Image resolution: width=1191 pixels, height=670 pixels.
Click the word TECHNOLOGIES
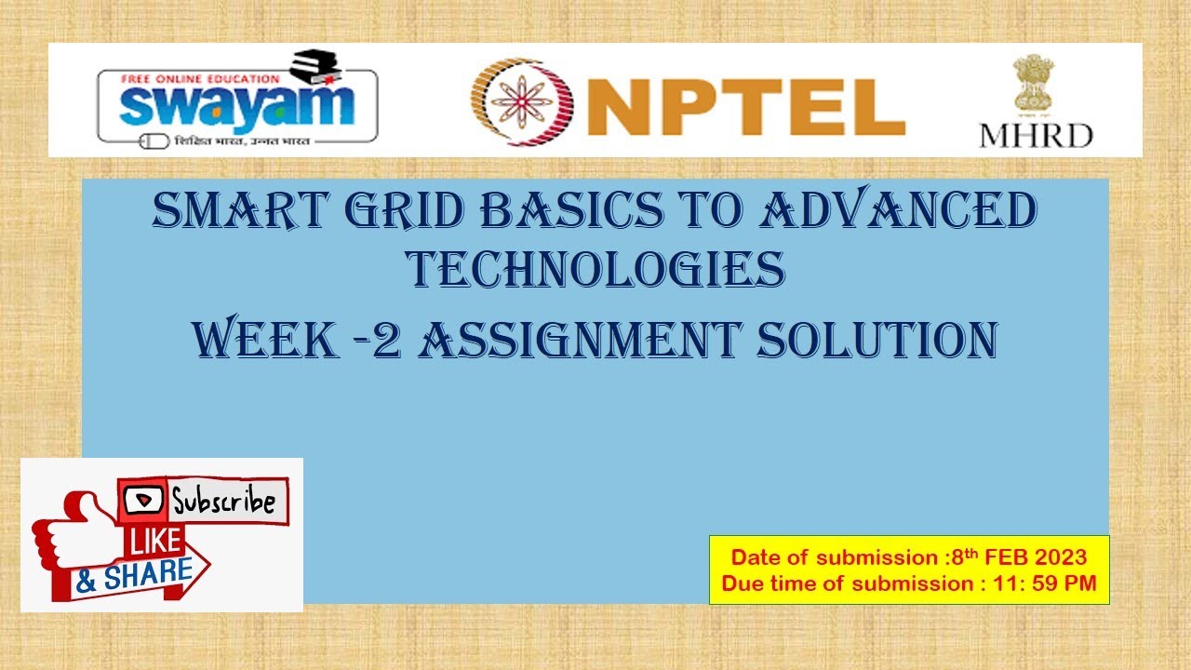595,269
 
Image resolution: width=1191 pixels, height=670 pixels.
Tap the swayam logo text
237,106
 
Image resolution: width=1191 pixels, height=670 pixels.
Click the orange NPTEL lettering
745,106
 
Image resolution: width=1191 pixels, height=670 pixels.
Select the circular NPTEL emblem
513,100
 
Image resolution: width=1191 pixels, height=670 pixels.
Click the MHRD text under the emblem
1035,136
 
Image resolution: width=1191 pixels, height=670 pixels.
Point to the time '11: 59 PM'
1048,583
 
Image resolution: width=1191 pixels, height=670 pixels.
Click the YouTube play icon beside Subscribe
144,500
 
